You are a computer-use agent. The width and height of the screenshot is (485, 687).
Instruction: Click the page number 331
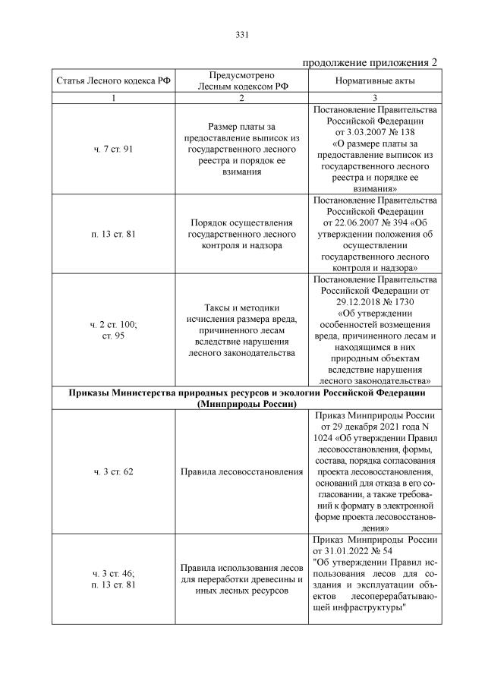pos(242,35)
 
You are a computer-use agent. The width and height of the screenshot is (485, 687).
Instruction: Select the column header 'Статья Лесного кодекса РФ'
pos(112,81)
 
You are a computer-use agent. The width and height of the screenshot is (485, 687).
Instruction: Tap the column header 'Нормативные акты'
pos(373,81)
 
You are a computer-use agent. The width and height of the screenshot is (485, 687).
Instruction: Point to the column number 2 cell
pos(241,99)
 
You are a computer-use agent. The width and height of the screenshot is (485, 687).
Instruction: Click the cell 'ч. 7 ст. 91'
pos(112,149)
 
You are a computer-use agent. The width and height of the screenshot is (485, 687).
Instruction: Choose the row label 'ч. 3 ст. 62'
pos(112,472)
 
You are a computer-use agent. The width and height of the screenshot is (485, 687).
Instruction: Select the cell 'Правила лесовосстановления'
pos(241,472)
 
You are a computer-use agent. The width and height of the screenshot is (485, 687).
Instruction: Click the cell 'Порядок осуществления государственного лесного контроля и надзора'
pos(241,234)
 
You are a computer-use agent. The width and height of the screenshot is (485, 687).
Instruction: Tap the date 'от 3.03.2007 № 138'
pos(373,131)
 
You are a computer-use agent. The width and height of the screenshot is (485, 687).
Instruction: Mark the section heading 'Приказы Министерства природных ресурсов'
pos(242,393)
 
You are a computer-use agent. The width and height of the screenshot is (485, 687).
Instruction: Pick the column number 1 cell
pos(112,99)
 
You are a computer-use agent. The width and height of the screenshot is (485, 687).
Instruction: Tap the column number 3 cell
pos(373,99)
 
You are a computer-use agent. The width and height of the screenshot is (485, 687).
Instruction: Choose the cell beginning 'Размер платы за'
pos(241,149)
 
